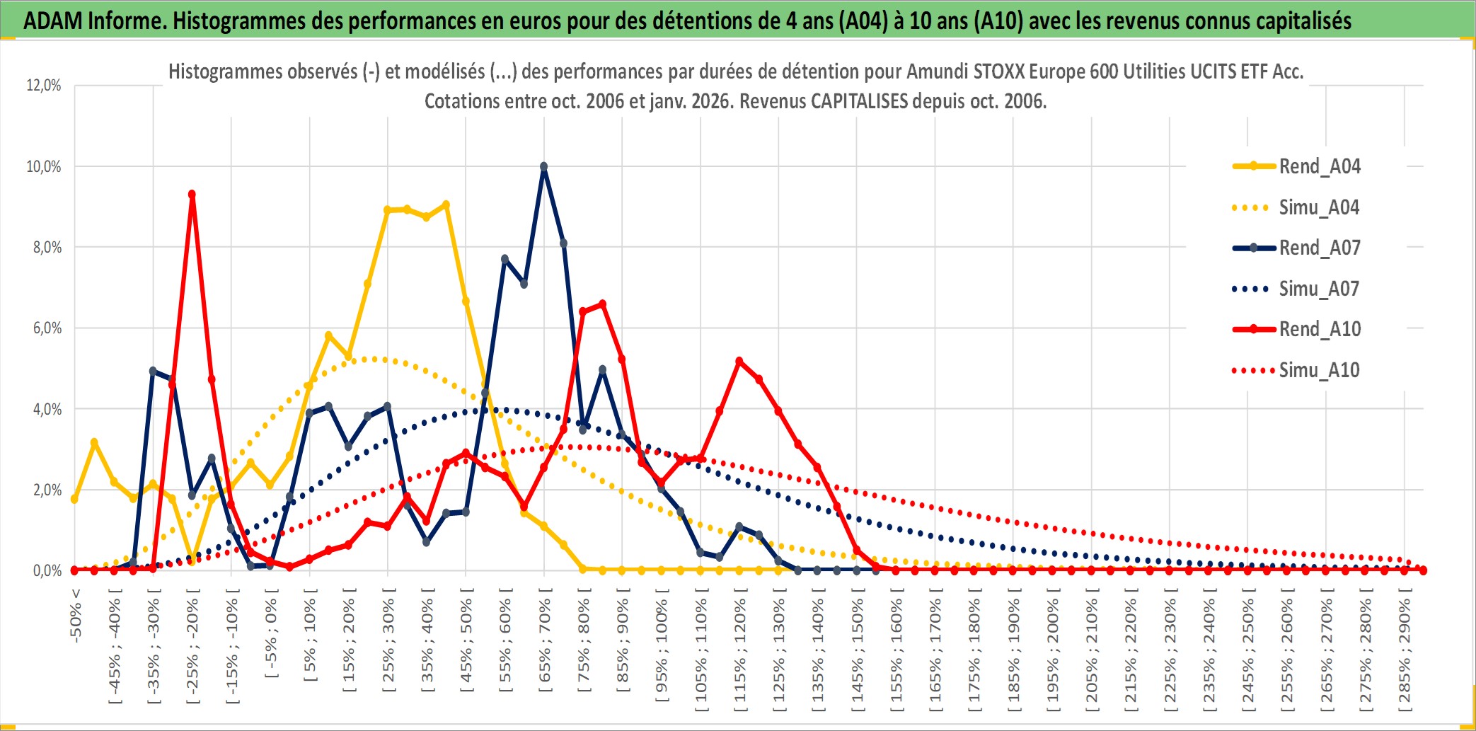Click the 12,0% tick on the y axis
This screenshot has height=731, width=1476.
[44, 86]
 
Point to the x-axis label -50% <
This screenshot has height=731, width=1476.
[76, 615]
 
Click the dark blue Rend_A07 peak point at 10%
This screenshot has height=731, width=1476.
[543, 167]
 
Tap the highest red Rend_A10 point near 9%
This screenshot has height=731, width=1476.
[192, 194]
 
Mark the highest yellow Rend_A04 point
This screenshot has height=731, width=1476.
[446, 205]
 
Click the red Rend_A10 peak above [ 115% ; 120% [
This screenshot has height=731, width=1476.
[739, 361]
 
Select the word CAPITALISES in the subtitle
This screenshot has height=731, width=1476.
[859, 101]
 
